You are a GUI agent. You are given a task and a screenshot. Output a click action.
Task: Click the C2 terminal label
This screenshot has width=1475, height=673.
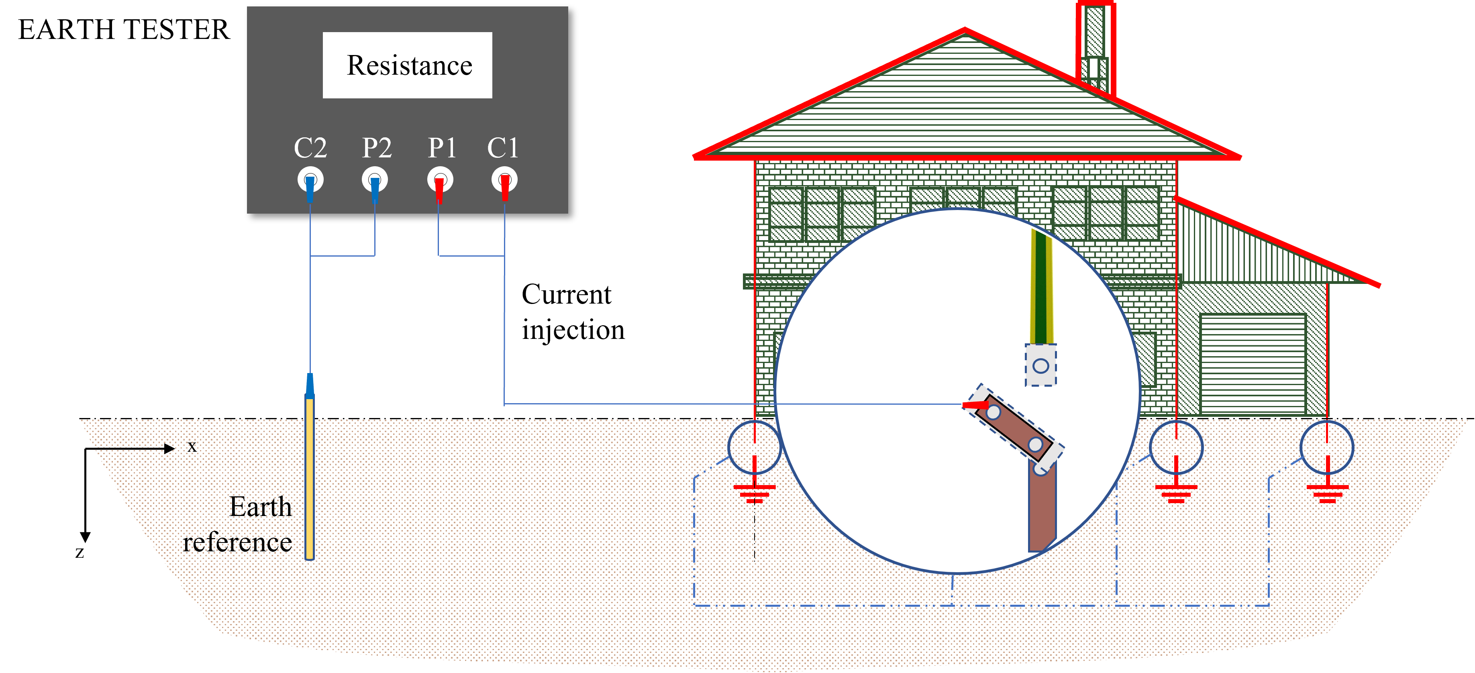tap(310, 148)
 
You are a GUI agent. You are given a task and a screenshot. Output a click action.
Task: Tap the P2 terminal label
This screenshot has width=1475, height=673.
tap(377, 148)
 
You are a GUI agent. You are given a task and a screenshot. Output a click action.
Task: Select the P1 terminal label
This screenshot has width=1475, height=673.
tap(442, 148)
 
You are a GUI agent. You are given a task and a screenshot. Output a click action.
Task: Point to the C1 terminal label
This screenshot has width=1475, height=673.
tap(503, 148)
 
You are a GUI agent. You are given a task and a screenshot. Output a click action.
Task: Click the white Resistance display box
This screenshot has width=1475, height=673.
tap(408, 65)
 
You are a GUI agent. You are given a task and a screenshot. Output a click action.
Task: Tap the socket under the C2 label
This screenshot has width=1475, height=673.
tap(310, 180)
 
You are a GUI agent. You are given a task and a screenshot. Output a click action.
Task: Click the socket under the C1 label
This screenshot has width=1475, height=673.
tap(504, 180)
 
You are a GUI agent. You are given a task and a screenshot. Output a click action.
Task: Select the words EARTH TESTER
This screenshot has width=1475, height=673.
tap(124, 30)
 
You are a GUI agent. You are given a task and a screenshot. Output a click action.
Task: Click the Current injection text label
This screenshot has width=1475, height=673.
tap(573, 312)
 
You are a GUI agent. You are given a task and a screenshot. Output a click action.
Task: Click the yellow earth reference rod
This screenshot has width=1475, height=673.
tap(310, 478)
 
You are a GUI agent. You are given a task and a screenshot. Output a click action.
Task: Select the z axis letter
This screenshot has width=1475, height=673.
tap(80, 552)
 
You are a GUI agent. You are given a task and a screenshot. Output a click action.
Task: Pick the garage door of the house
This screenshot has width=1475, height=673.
tap(1253, 364)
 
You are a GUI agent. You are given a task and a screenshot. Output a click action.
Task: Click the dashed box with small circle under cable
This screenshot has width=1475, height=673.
tap(1041, 365)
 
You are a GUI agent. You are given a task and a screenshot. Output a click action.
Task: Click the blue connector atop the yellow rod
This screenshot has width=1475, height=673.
tap(310, 385)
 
